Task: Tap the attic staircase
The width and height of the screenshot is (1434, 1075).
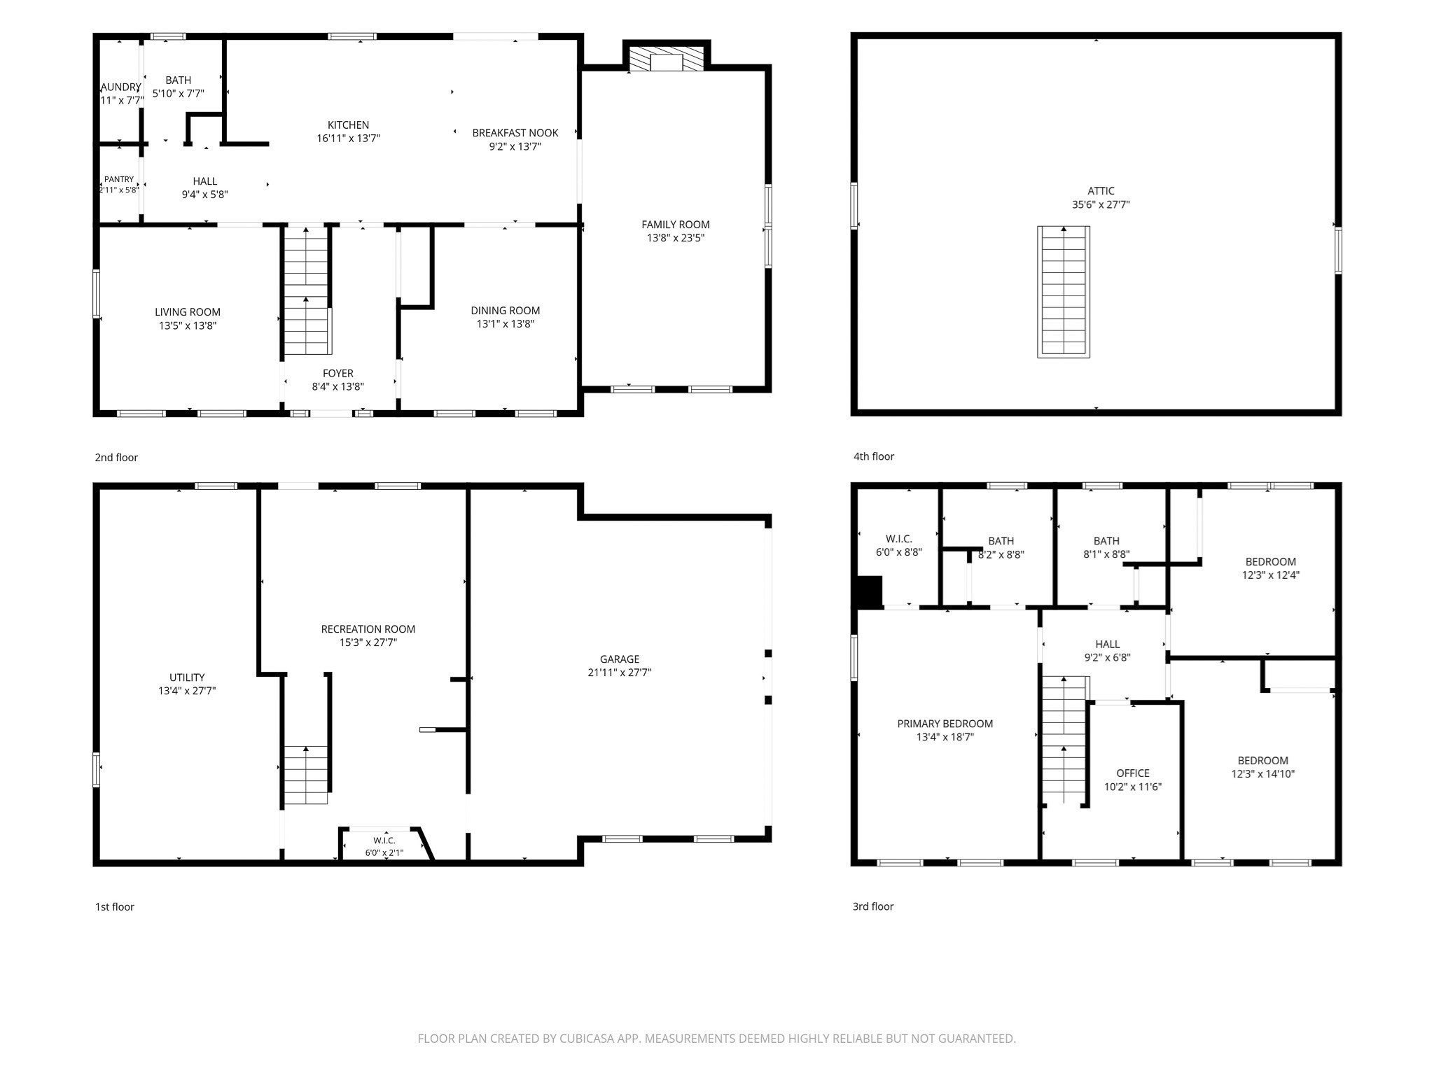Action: [x=1064, y=292]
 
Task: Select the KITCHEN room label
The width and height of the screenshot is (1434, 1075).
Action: [x=348, y=125]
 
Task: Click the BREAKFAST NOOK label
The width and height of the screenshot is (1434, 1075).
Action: [x=515, y=133]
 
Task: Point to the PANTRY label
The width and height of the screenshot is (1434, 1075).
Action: [x=119, y=179]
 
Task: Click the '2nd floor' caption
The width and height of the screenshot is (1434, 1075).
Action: [x=116, y=458]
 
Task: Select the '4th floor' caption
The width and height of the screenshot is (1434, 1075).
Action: [x=873, y=457]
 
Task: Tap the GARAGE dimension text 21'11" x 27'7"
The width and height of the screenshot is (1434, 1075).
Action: [x=620, y=673]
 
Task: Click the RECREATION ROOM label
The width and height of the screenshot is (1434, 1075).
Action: [x=368, y=629]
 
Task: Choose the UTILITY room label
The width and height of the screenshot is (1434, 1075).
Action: [x=187, y=677]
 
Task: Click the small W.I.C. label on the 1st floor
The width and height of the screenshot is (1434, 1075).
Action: [x=384, y=841]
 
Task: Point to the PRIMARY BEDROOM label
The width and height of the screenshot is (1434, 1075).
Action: [x=945, y=724]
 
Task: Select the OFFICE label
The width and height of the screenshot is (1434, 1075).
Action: [x=1133, y=773]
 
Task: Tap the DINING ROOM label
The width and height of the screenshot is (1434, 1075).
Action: [x=506, y=311]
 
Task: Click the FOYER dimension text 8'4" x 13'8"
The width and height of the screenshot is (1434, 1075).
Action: [x=338, y=386]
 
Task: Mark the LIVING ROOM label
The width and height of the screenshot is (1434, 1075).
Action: [x=188, y=312]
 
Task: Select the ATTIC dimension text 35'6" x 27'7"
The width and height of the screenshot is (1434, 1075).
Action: [x=1101, y=205]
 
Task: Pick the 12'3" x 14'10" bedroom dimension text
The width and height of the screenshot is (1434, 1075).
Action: [x=1263, y=774]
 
